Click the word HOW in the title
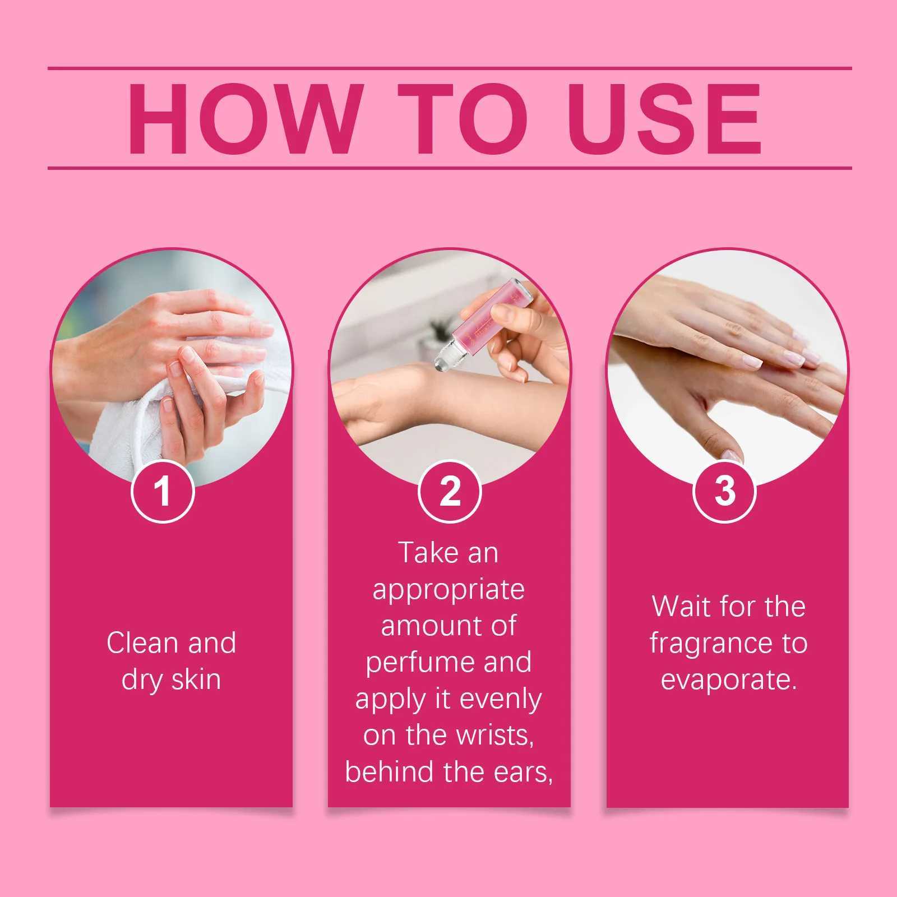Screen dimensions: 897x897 tap(244, 118)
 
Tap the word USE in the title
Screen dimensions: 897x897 tap(665, 118)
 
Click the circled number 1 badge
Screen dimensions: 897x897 tap(163, 491)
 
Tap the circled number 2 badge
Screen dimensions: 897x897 tap(450, 491)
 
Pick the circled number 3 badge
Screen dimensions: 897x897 tap(725, 491)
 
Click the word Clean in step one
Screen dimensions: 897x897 tap(143, 642)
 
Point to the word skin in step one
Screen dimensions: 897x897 tap(196, 679)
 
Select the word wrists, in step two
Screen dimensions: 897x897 tap(495, 736)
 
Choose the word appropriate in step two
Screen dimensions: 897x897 tap(449, 590)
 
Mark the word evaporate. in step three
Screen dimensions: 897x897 tap(729, 680)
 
